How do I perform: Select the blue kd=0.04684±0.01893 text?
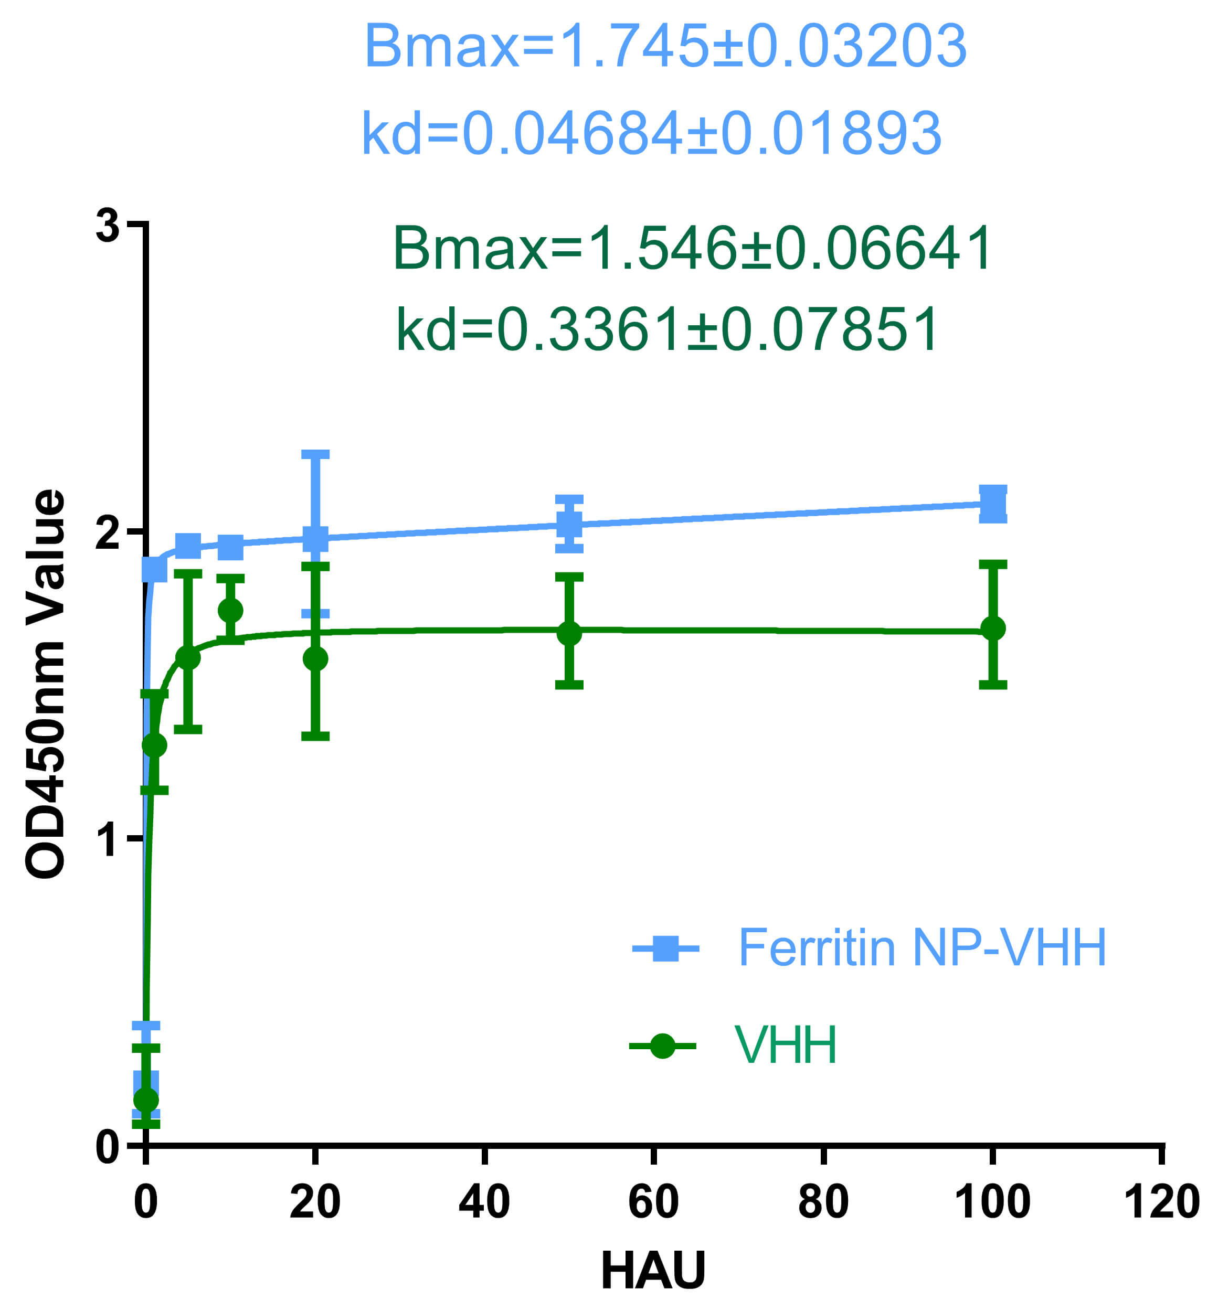pyautogui.click(x=651, y=133)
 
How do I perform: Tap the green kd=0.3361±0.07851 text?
pyautogui.click(x=667, y=329)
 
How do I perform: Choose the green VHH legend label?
pyautogui.click(x=786, y=1045)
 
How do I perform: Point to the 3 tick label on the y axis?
pyautogui.click(x=108, y=226)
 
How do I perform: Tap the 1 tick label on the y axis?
pyautogui.click(x=108, y=839)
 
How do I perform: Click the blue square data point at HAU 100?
pyautogui.click(x=992, y=505)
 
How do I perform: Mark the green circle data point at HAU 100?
pyautogui.click(x=992, y=628)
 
